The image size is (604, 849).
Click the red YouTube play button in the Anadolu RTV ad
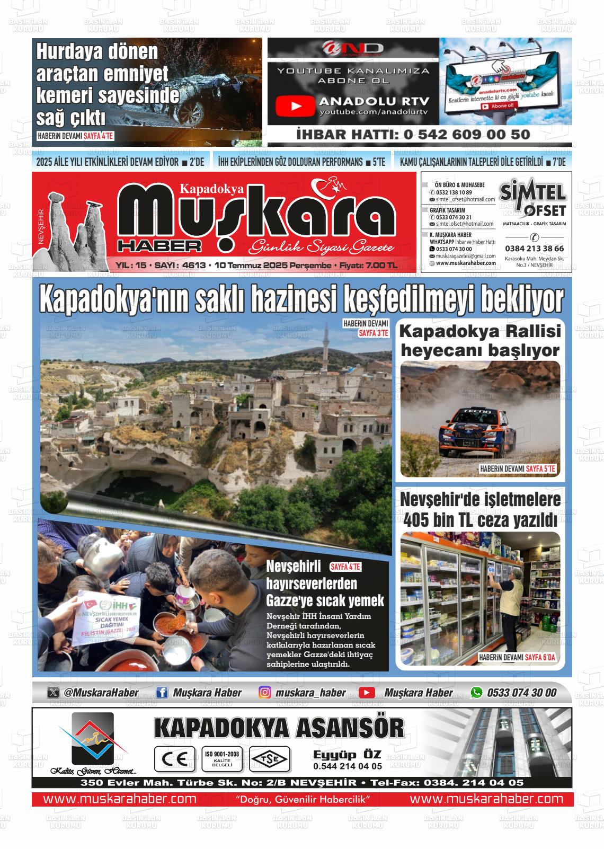pyautogui.click(x=295, y=106)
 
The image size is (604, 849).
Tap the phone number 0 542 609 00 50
pyautogui.click(x=466, y=135)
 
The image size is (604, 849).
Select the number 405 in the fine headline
pyautogui.click(x=416, y=520)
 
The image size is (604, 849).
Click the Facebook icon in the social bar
pyautogui.click(x=163, y=692)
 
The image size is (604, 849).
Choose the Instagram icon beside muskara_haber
pyautogui.click(x=265, y=692)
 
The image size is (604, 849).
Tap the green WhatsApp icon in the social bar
pyautogui.click(x=477, y=692)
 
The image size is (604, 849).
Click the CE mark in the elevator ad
pyautogui.click(x=171, y=759)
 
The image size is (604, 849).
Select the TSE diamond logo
pyautogui.click(x=269, y=759)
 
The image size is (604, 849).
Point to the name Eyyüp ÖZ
pyautogui.click(x=347, y=755)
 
